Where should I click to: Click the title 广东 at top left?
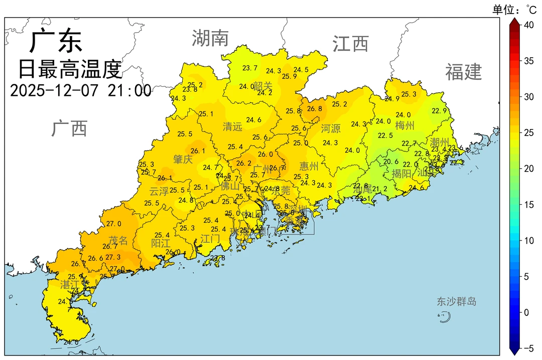tap(55, 41)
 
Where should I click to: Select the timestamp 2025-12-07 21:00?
tap(80, 90)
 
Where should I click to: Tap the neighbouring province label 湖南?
tap(210, 38)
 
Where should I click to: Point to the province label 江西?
tap(350, 44)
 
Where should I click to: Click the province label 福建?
tap(463, 72)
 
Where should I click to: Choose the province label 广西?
tap(69, 129)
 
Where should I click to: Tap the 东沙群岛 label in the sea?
tap(456, 302)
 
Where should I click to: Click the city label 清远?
tap(232, 127)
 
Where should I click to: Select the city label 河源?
tap(331, 129)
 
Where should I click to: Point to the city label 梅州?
tap(404, 125)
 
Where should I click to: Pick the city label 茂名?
tap(118, 241)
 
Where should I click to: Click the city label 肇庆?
tap(183, 160)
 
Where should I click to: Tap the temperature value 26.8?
tap(315, 108)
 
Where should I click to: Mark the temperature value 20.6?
tap(391, 162)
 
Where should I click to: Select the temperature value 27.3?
tap(113, 257)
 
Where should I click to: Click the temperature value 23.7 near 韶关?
tap(249, 68)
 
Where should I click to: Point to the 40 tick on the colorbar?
tap(528, 25)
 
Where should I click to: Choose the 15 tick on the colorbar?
tap(528, 204)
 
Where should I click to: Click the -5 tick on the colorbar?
tap(528, 348)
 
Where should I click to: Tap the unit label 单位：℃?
tap(514, 9)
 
